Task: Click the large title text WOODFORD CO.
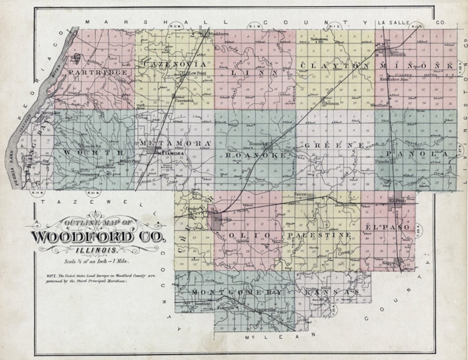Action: point(99,237)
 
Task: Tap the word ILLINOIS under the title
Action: point(98,250)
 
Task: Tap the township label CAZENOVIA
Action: point(175,63)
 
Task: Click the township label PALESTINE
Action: point(321,235)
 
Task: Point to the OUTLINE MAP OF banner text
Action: point(98,223)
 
